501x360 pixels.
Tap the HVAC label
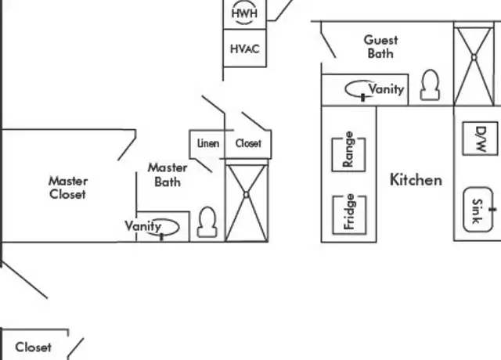click(x=245, y=49)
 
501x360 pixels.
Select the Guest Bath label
click(x=380, y=47)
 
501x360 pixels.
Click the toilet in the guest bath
click(x=430, y=85)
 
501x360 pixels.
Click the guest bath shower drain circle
click(x=474, y=58)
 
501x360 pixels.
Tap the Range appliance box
click(x=349, y=154)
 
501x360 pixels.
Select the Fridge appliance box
click(x=350, y=214)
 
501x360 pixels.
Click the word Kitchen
click(x=416, y=180)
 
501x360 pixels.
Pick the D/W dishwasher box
click(x=480, y=139)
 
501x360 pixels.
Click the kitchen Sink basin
click(x=478, y=209)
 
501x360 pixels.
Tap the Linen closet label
click(x=208, y=143)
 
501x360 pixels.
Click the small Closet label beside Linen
click(x=248, y=143)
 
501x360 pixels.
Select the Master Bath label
click(x=168, y=175)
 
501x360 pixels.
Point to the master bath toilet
click(x=207, y=222)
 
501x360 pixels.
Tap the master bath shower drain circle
click(x=246, y=195)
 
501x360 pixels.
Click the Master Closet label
click(x=68, y=188)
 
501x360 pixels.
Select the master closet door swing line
click(x=127, y=149)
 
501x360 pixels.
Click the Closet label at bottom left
click(x=33, y=347)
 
